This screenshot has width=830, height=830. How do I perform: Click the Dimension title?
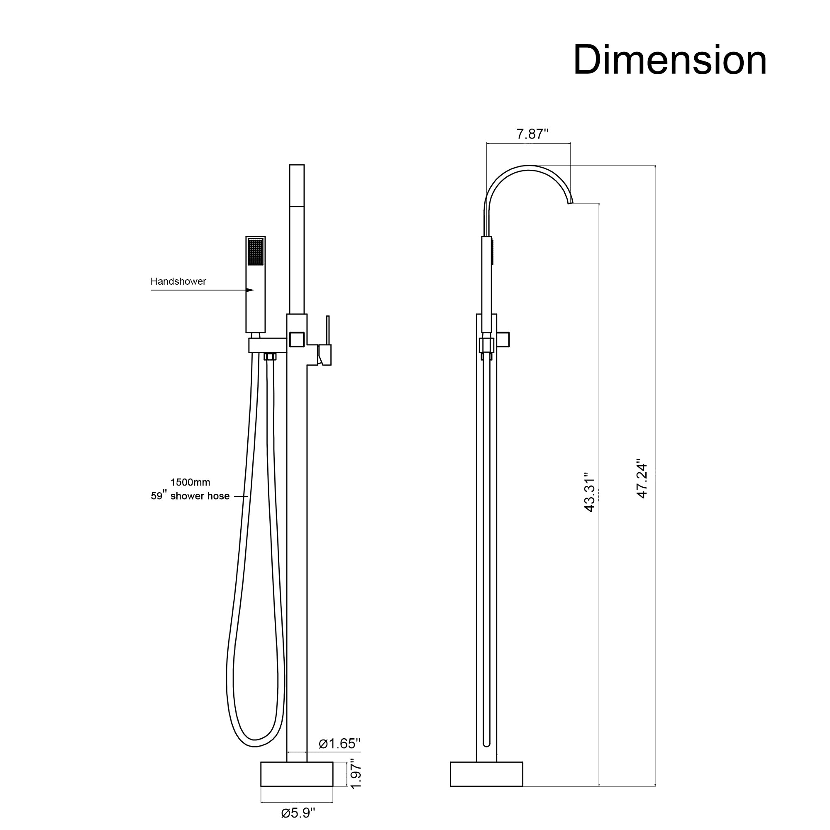pos(670,60)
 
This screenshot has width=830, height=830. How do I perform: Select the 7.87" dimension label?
pos(532,134)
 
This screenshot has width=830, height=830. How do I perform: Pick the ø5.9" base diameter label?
pos(298,813)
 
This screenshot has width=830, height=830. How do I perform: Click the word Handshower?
pos(178,281)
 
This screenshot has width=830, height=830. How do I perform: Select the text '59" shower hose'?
pos(190,496)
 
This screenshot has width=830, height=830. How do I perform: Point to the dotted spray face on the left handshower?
pos(256,252)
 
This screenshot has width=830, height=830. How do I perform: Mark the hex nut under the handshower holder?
pos(270,356)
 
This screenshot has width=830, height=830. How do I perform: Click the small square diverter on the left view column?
pos(297,339)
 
